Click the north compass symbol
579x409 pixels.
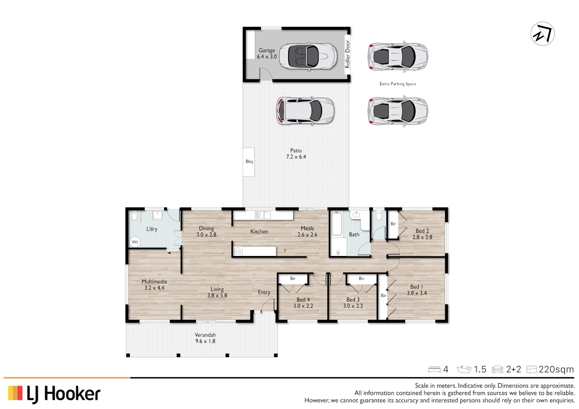[542, 34]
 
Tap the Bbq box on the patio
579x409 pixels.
[249, 162]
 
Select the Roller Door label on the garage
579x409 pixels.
[347, 54]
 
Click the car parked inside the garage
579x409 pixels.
[308, 56]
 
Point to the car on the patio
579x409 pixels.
[305, 111]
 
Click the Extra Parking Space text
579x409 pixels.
[398, 84]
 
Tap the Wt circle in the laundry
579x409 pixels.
[135, 242]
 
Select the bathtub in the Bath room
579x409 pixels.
[337, 224]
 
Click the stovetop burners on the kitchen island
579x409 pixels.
[238, 251]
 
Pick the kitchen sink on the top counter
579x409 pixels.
[262, 215]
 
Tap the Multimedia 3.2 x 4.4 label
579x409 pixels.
[154, 285]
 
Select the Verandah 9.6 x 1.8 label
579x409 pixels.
[205, 338]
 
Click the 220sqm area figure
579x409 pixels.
[556, 369]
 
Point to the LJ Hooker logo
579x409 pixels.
[54, 394]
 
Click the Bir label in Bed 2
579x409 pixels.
[393, 224]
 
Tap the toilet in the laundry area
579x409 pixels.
[134, 216]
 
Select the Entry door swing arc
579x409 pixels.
[268, 304]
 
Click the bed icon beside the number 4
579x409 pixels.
[434, 370]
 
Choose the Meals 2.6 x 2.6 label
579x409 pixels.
[307, 231]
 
